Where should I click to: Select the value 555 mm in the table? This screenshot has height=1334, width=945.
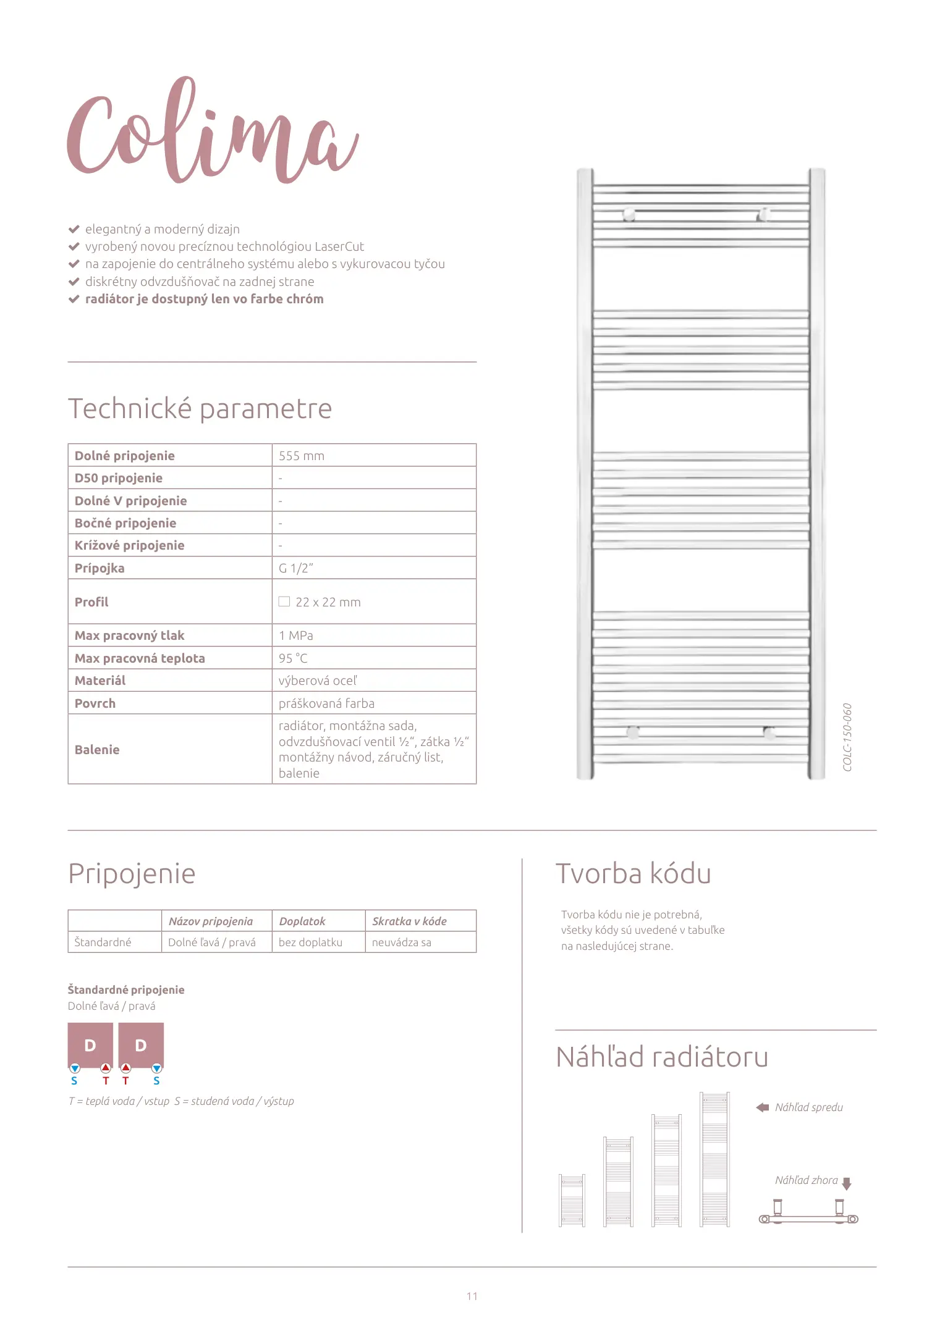(x=302, y=456)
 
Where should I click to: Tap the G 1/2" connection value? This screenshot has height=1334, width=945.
(x=296, y=568)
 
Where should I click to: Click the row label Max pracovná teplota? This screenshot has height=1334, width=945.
(x=140, y=658)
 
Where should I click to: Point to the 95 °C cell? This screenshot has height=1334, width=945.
(x=293, y=658)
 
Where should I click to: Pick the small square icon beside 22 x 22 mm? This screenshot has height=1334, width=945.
(x=284, y=602)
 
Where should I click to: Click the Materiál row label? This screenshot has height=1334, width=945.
(x=100, y=681)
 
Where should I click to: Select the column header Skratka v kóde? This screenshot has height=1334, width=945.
(x=409, y=921)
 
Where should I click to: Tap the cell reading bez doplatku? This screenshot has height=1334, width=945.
(x=310, y=942)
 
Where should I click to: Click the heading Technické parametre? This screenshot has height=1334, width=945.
(x=200, y=409)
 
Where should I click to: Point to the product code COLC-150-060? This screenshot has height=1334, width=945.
(x=847, y=737)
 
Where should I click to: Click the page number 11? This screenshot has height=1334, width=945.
(x=472, y=1296)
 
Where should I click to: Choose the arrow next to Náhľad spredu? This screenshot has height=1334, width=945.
(x=763, y=1107)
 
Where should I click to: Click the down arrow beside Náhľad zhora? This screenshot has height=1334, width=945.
(x=847, y=1183)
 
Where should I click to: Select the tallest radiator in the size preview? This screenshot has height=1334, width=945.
(x=714, y=1159)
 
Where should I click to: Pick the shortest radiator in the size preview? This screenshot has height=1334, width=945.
(x=572, y=1200)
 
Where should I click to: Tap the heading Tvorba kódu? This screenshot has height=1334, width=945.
(x=633, y=874)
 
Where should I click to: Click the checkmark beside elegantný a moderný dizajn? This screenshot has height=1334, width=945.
(x=74, y=229)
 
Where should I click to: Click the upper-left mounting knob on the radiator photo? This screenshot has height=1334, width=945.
(x=629, y=214)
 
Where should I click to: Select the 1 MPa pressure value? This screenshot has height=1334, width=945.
(x=296, y=636)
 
